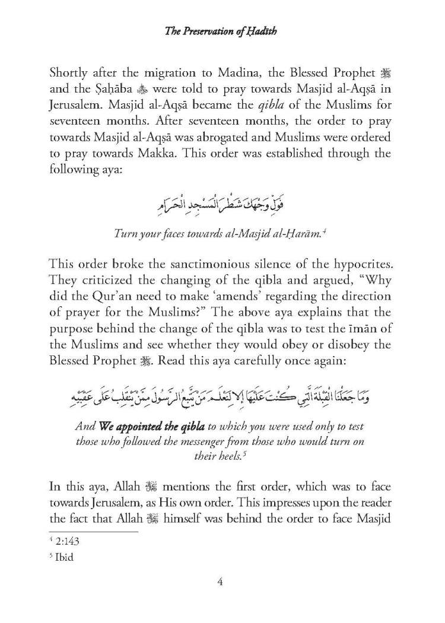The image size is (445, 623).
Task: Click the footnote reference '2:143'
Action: click(77, 542)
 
